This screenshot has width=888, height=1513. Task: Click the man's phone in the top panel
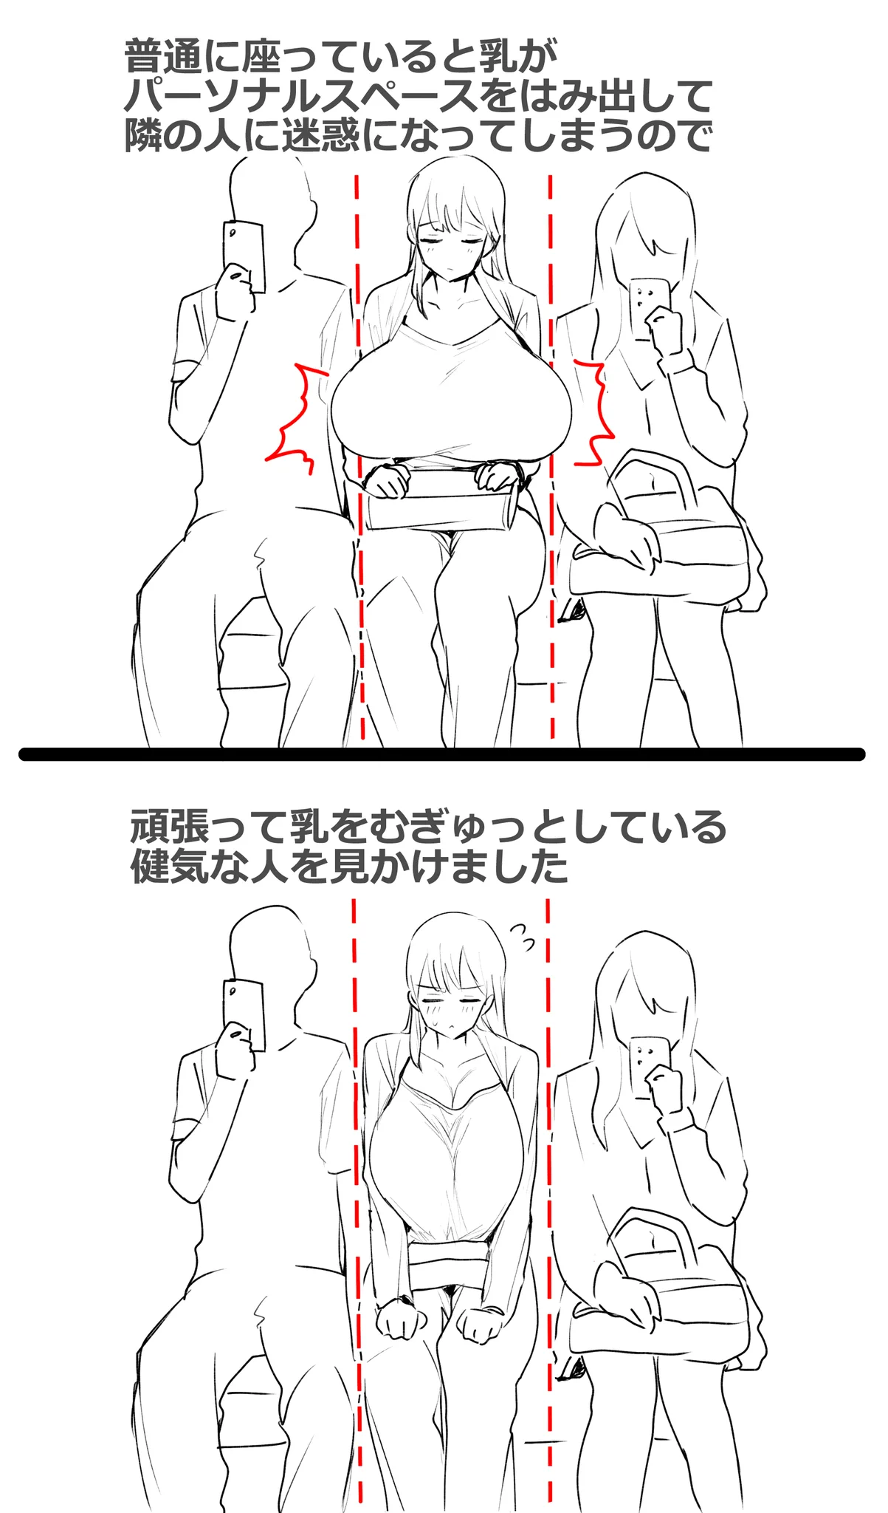(x=244, y=254)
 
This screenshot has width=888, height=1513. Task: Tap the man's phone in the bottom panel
(x=244, y=1014)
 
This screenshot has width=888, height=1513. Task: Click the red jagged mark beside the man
(x=299, y=417)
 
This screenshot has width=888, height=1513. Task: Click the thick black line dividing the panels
(x=441, y=754)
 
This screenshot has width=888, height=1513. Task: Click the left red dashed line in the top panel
(x=359, y=458)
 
